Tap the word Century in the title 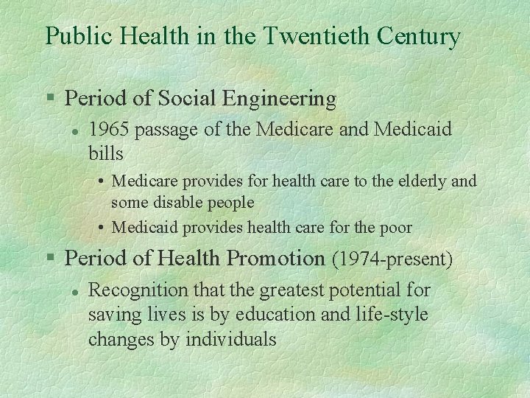tap(419, 35)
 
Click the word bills tap(105, 154)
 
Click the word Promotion tap(275, 259)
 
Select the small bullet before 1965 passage tap(74, 131)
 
